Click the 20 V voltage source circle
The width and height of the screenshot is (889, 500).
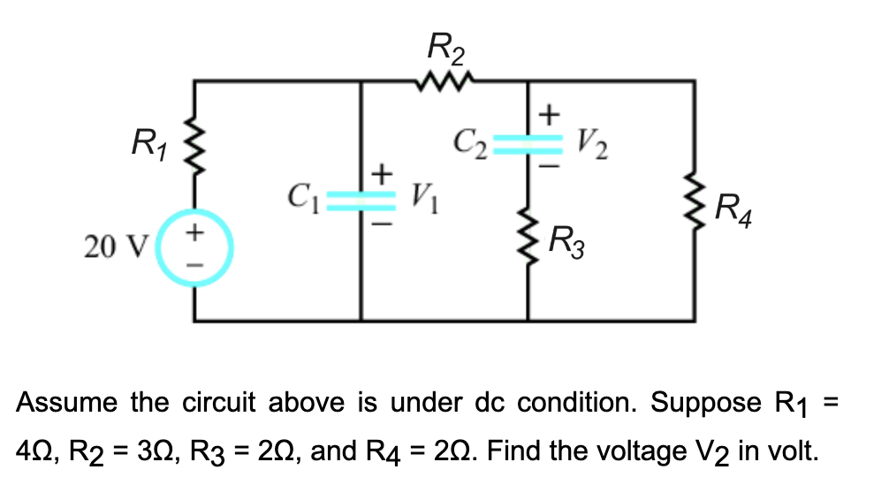(195, 248)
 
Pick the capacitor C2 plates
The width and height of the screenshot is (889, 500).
(528, 141)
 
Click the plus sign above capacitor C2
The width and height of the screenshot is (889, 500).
(550, 113)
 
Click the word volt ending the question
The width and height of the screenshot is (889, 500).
(796, 451)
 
